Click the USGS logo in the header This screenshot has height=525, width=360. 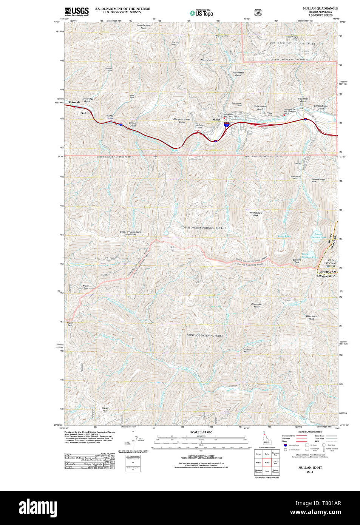tap(77, 11)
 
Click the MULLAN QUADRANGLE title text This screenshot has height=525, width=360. tap(320, 8)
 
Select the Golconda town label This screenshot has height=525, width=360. tap(74, 102)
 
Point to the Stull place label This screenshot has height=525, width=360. tap(83, 113)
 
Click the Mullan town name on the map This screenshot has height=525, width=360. tap(216, 119)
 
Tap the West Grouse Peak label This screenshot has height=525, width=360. tap(143, 27)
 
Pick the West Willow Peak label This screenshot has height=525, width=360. tap(256, 214)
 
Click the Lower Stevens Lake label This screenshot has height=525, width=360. tap(318, 236)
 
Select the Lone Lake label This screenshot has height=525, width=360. tap(284, 236)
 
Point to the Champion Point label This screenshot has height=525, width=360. tap(256, 305)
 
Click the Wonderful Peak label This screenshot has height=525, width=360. tap(311, 318)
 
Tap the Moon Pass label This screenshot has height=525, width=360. tap(86, 287)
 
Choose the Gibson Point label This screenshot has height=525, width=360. tap(105, 409)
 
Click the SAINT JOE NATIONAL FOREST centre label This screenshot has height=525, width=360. tap(205, 335)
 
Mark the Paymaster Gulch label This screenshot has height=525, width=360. tap(238, 74)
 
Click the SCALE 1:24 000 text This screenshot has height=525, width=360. tap(201, 432)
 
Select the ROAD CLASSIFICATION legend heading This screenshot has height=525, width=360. tap(310, 432)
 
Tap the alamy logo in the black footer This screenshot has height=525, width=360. tap(38, 508)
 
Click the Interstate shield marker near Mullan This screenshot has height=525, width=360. tap(227, 124)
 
